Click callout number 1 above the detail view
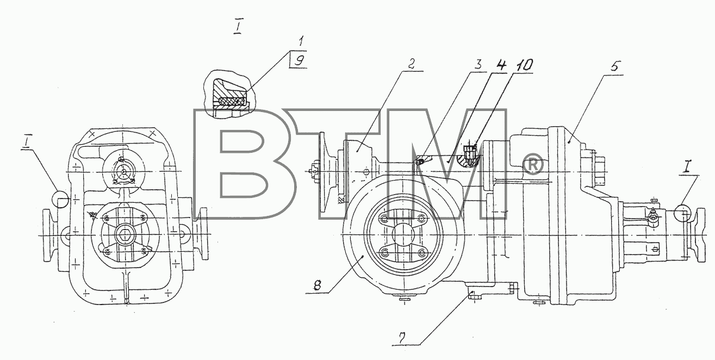click(x=301, y=41)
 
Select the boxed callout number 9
click(x=299, y=60)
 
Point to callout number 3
click(x=477, y=65)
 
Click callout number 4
click(x=501, y=65)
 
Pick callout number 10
click(x=523, y=65)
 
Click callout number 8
click(x=317, y=285)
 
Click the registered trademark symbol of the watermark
click(x=532, y=165)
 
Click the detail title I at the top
click(x=237, y=28)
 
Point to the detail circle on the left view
click(x=59, y=199)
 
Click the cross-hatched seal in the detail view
click(x=232, y=101)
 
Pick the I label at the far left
click(x=26, y=144)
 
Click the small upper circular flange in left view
click(x=123, y=172)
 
